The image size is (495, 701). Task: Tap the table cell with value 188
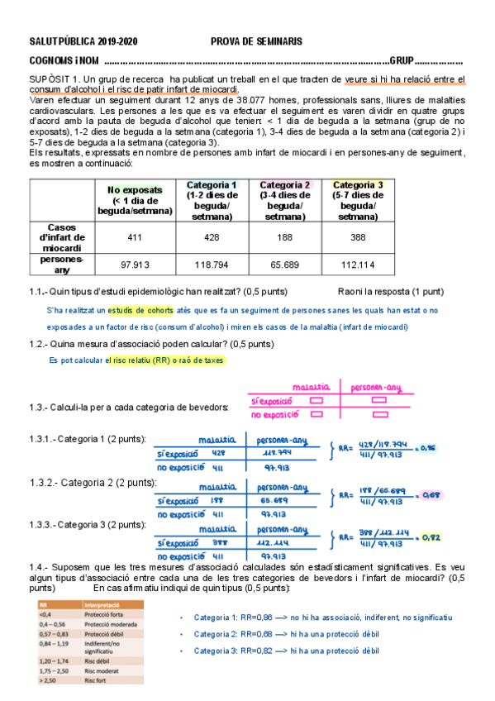284,236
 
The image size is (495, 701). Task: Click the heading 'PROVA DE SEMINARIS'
256,41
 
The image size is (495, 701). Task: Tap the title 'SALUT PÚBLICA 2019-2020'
83,41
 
